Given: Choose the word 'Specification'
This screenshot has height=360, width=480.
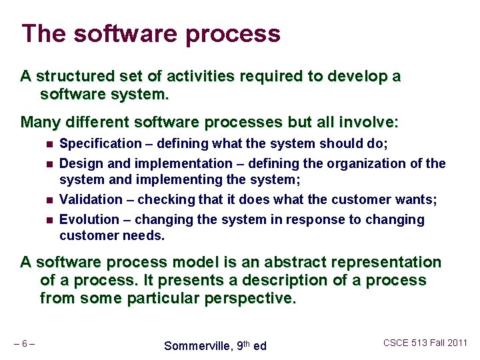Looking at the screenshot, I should (x=101, y=144).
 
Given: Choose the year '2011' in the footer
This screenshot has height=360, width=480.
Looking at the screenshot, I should (x=457, y=343).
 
